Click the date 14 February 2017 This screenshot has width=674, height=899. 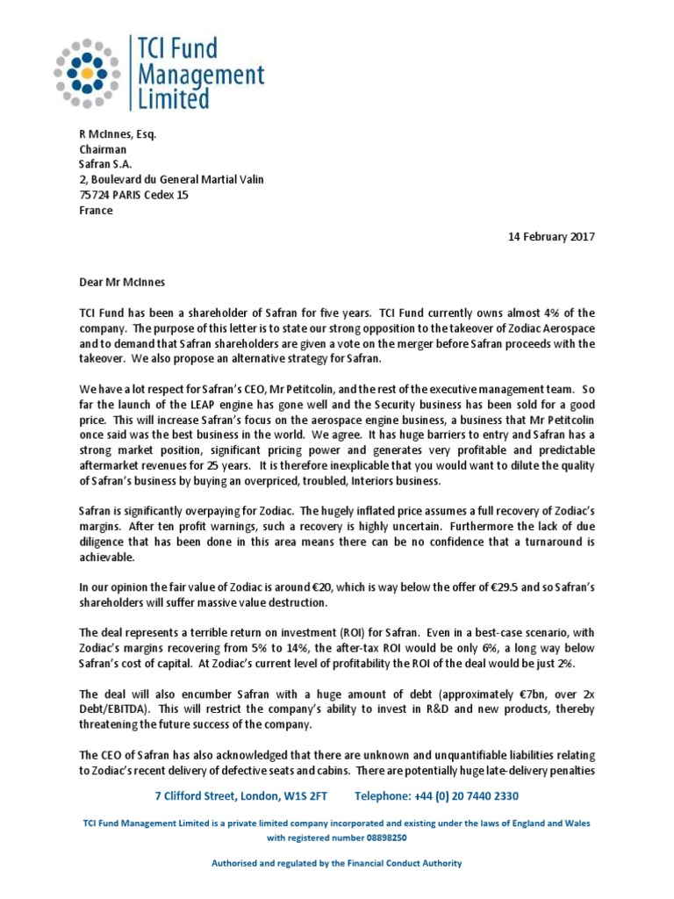551,238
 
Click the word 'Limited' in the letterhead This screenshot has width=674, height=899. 164,100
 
